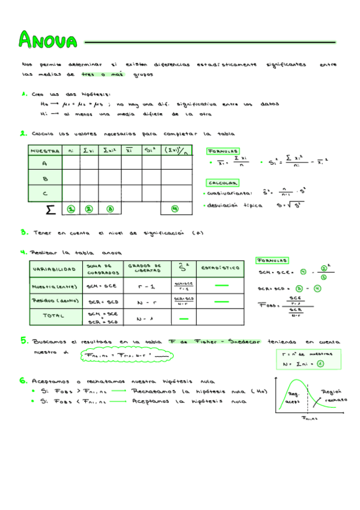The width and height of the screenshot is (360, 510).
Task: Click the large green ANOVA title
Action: pos(48,41)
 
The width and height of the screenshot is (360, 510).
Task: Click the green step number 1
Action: pos(23,94)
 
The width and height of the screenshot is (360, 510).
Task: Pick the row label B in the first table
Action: pos(44,179)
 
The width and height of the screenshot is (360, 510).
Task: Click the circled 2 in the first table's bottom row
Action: pos(90,209)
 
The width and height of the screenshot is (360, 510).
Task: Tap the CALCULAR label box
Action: pos(222,183)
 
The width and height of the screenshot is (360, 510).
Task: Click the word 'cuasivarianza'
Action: pos(228,194)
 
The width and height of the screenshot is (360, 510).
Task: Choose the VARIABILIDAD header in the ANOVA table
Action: pos(54,268)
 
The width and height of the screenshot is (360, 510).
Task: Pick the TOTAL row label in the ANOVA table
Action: pos(54,315)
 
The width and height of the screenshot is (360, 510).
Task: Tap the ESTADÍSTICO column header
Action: pos(220,268)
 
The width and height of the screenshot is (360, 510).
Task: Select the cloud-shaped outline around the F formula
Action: pos(126,356)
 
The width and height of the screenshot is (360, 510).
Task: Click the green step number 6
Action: pos(23,380)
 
